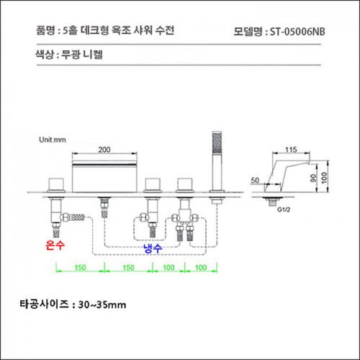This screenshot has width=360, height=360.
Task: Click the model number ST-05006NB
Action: [297, 32]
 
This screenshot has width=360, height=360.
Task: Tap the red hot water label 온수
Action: [55, 245]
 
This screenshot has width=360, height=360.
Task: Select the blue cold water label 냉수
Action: [153, 248]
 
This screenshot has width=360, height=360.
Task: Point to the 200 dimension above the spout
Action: [104, 150]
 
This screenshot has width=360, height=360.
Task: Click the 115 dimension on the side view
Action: [291, 150]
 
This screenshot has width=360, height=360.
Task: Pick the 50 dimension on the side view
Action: [255, 180]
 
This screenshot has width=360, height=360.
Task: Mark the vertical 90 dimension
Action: [313, 178]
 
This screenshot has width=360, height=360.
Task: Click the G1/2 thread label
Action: [284, 210]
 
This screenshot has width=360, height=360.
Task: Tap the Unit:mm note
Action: [53, 140]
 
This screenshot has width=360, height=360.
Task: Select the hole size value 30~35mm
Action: [102, 305]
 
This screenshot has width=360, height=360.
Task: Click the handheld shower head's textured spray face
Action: [217, 143]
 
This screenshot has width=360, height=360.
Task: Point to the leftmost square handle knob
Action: [56, 184]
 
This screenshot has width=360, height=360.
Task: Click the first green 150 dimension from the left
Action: [80, 267]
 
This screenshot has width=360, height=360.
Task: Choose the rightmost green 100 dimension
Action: [201, 267]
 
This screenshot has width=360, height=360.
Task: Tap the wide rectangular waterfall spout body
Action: [104, 176]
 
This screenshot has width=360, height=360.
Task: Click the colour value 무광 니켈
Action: [82, 55]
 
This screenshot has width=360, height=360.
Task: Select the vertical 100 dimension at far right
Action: [324, 178]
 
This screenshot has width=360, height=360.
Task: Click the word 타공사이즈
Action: [45, 305]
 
